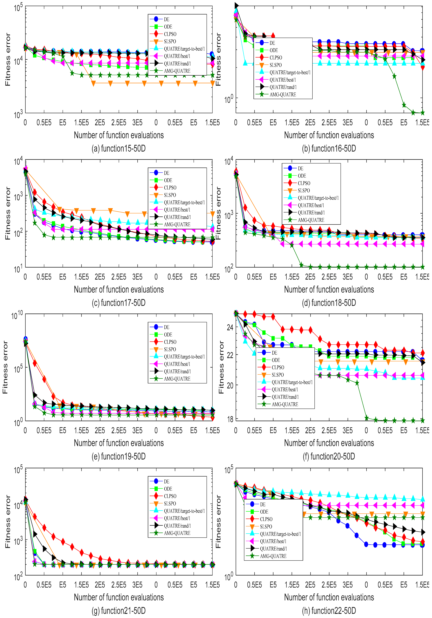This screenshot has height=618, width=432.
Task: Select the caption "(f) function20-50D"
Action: click(x=329, y=456)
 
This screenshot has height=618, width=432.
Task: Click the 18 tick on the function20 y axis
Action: click(x=230, y=420)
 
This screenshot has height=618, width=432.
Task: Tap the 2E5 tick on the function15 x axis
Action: click(x=100, y=123)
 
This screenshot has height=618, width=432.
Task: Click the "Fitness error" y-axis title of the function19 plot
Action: click(x=5, y=367)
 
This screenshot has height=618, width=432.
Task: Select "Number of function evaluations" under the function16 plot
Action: click(x=329, y=135)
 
